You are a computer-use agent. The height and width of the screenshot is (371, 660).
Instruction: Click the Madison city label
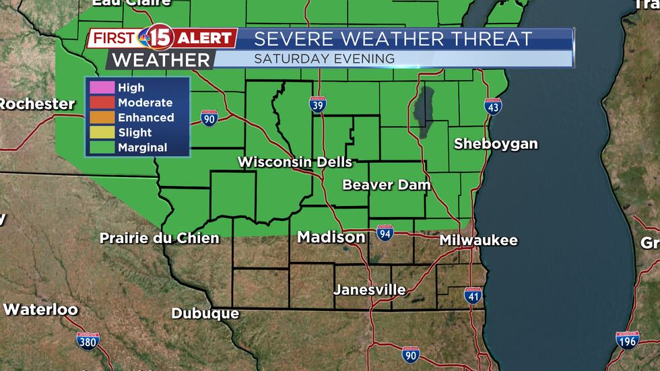[x=331, y=237]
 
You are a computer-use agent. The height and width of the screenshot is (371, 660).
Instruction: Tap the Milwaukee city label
[x=478, y=240]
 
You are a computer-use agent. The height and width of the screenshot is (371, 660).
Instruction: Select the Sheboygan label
[x=496, y=143]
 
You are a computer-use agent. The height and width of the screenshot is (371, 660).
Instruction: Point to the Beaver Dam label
[x=386, y=184]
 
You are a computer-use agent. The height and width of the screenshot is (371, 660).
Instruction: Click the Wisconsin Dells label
[x=295, y=162]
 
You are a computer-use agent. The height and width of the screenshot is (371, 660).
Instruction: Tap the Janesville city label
[x=370, y=290]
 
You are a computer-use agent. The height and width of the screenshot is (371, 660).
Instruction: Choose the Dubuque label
[x=205, y=313]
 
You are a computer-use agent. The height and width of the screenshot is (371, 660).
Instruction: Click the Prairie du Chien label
[x=159, y=238]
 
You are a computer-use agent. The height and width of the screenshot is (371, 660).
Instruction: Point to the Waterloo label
[x=40, y=310]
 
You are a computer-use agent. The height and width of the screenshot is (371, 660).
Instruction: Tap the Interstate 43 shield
[x=493, y=106]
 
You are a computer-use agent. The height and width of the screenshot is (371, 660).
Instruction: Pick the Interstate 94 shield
[x=385, y=232]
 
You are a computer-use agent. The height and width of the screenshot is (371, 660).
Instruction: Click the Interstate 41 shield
[x=473, y=295]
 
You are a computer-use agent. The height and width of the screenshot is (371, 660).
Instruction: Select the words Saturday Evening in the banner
[x=324, y=59]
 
